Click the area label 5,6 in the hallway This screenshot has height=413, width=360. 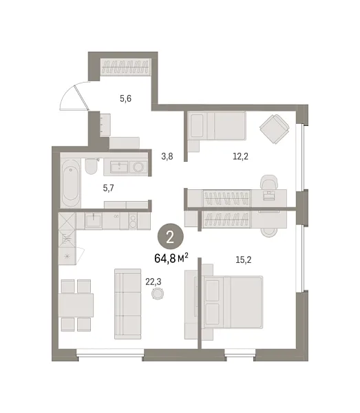[125, 99]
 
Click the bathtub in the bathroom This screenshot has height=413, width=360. [70, 180]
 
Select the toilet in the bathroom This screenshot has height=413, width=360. [92, 167]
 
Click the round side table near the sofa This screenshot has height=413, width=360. [158, 294]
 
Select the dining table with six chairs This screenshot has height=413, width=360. [76, 304]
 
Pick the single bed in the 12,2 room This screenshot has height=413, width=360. [216, 126]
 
